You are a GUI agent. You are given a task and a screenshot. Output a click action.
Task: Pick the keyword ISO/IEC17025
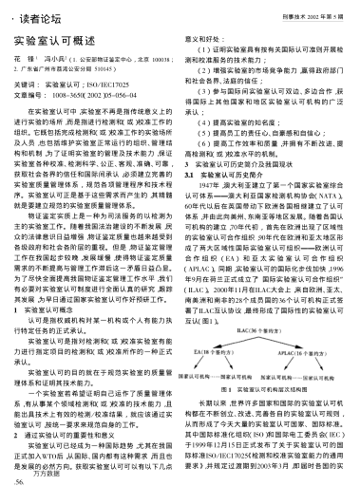(x=113, y=84)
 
